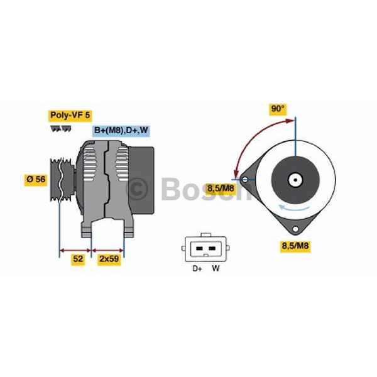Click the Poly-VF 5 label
click(70, 115)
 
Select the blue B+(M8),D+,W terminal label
click(121, 131)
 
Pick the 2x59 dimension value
click(109, 258)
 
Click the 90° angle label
click(278, 109)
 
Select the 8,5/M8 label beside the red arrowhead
click(221, 187)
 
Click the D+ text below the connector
click(197, 270)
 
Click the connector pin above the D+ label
click(199, 249)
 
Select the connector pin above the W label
click(212, 249)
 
